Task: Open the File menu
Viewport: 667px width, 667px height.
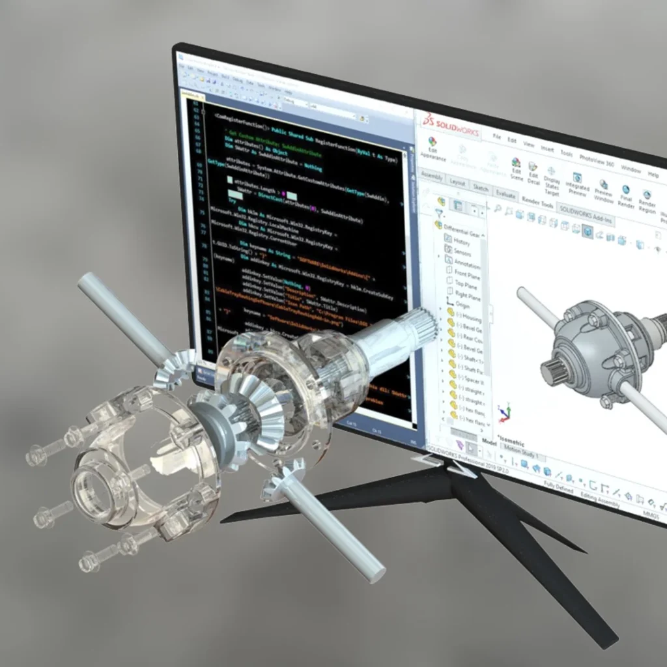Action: pos(496,137)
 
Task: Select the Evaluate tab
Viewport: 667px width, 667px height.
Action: pos(505,194)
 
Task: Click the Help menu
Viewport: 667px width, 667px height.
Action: pos(653,175)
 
